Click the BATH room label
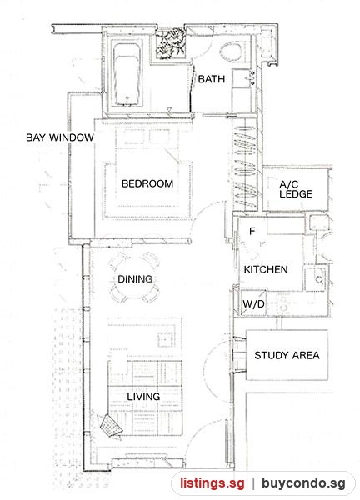click(x=212, y=79)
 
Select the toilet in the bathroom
click(x=231, y=52)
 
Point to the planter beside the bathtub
click(x=171, y=43)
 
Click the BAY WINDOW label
click(x=60, y=137)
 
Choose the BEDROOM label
click(x=147, y=183)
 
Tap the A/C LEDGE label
click(x=296, y=189)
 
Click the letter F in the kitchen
click(x=252, y=231)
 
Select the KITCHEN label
click(x=266, y=269)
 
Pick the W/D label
click(x=253, y=303)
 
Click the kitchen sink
click(x=315, y=279)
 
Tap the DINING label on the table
click(x=135, y=279)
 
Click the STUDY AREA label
click(x=287, y=355)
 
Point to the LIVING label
click(x=143, y=397)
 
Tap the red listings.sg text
click(x=212, y=482)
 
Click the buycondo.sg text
click(x=303, y=482)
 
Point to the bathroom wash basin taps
click(x=252, y=78)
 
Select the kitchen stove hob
click(x=283, y=303)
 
